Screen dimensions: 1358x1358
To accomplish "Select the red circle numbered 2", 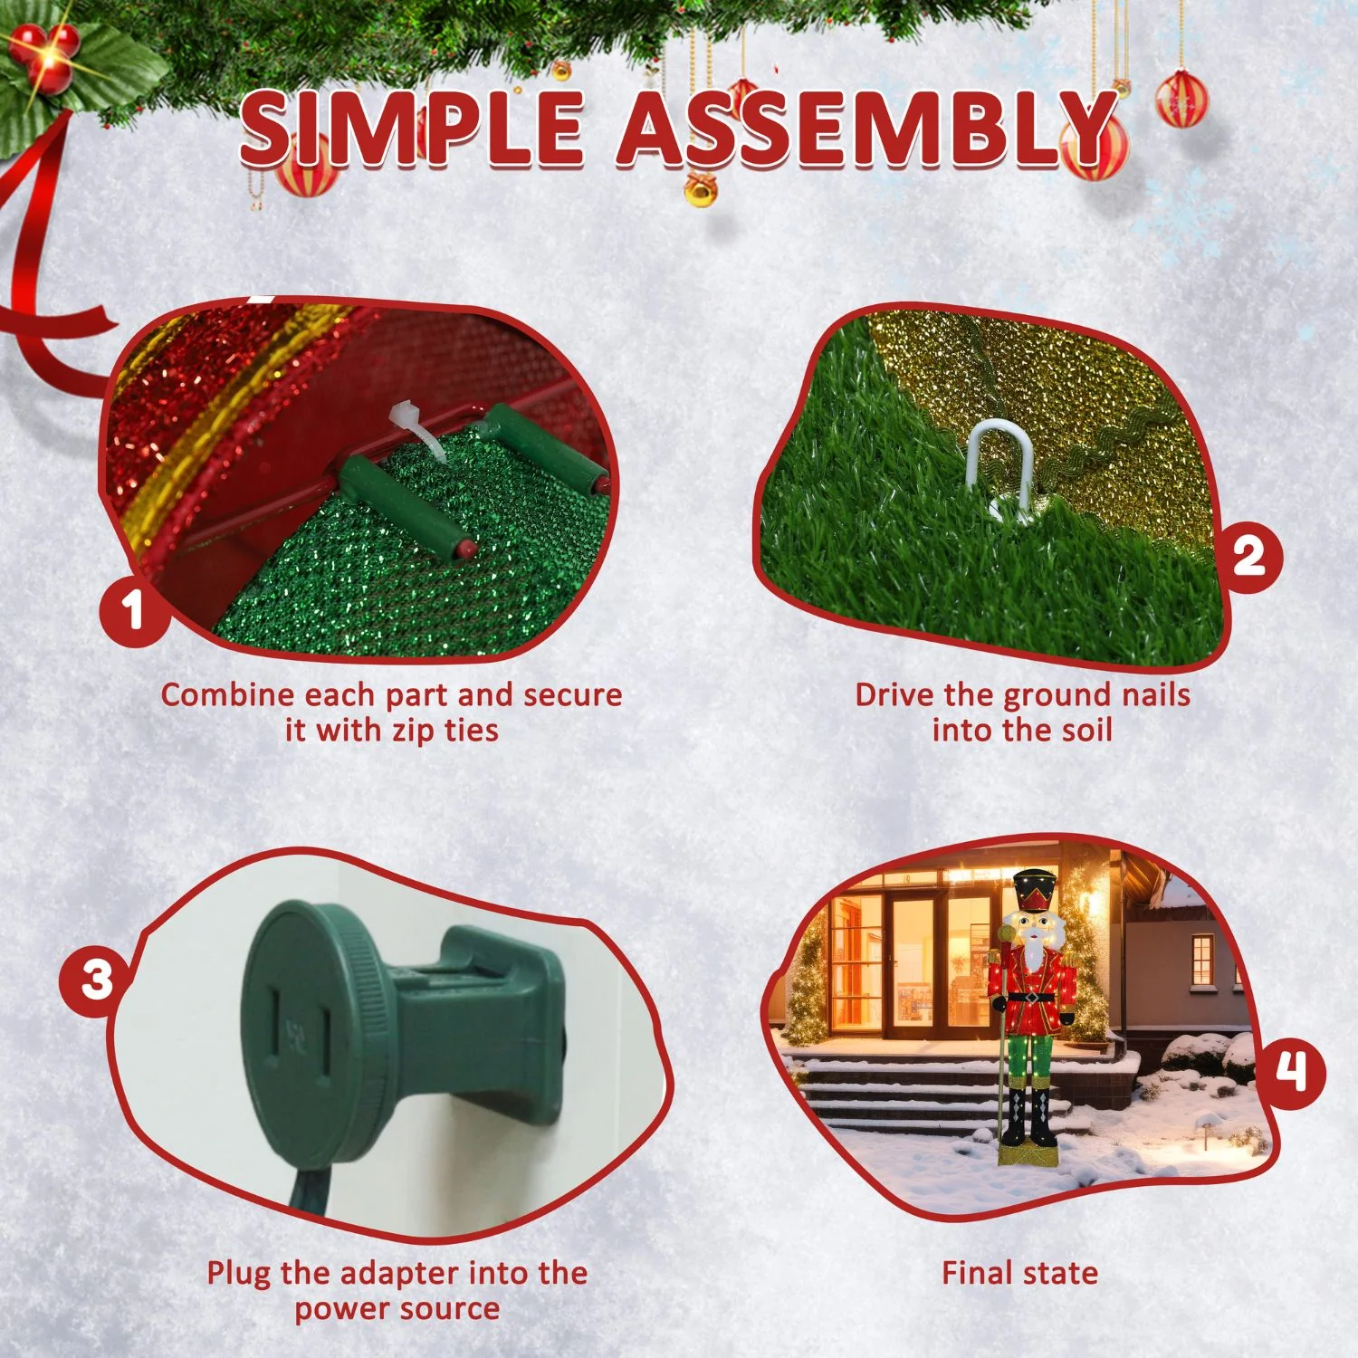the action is [1249, 555].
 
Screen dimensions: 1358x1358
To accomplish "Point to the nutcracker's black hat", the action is [1032, 891].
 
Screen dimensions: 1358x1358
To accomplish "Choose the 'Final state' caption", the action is [1020, 1274].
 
